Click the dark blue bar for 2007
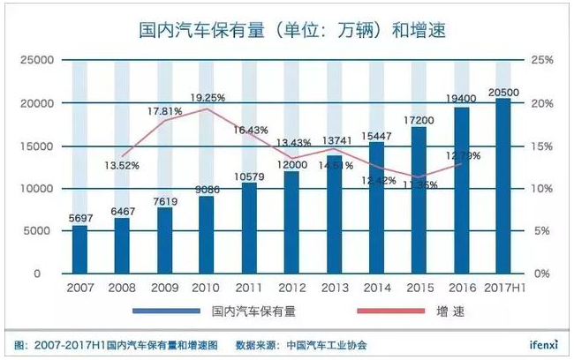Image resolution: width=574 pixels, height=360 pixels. (79, 250)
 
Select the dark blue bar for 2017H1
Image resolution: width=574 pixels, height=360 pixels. (502, 186)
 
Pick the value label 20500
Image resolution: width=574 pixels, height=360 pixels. (503, 91)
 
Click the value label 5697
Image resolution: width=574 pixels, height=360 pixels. (79, 218)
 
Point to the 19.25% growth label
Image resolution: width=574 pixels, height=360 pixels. (210, 98)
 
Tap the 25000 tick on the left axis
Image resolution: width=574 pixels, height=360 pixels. (36, 61)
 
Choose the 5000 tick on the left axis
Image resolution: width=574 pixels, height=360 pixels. (40, 231)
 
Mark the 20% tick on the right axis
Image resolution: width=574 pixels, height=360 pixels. (542, 103)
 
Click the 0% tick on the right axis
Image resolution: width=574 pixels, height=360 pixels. (540, 274)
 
